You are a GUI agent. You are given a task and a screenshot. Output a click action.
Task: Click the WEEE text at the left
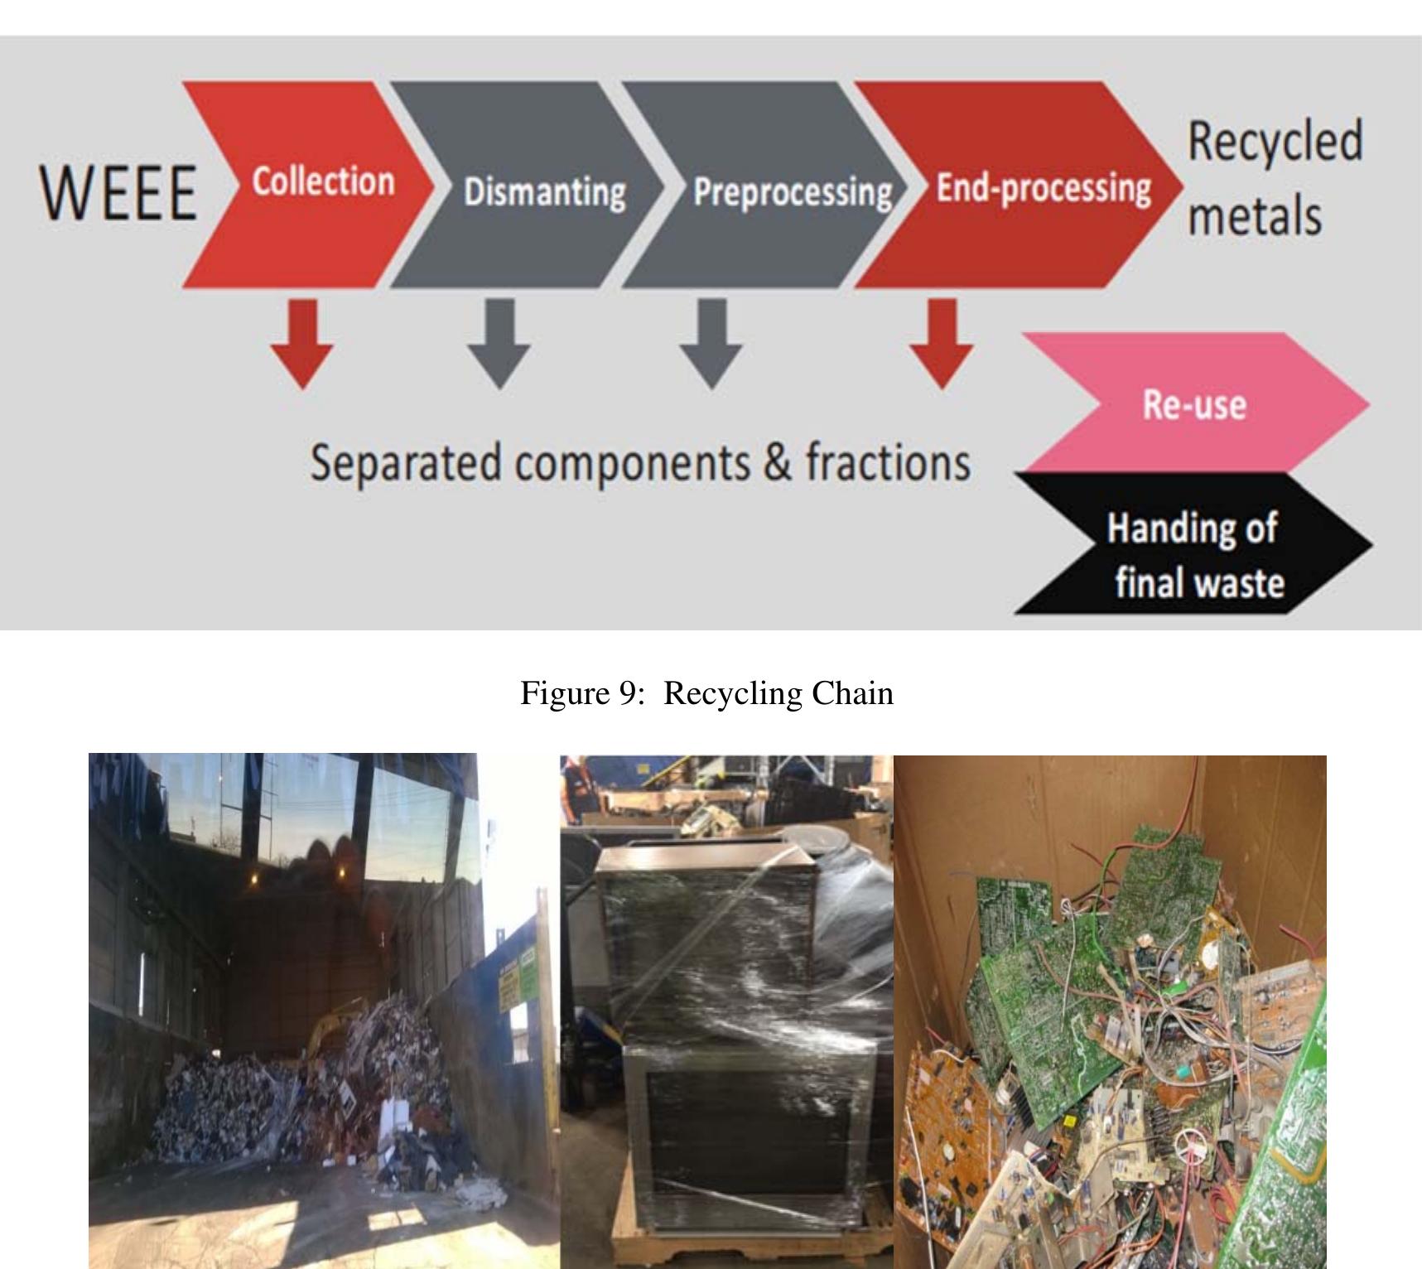tap(118, 192)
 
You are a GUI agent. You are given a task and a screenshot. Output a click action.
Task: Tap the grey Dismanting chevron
tap(543, 191)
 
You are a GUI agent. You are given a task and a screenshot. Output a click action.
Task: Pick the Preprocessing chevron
tap(791, 191)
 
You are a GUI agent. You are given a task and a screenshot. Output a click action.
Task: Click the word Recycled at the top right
tap(1275, 141)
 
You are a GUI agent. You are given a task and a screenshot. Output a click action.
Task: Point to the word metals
tap(1254, 216)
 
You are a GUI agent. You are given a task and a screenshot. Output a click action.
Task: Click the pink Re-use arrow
tap(1193, 404)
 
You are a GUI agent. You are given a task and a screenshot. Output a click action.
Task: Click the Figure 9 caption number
tap(626, 692)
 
